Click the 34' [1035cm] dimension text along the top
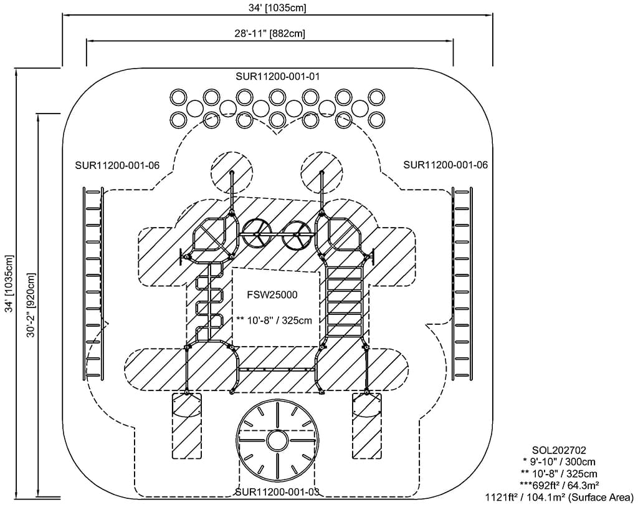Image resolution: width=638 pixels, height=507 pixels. point(277,8)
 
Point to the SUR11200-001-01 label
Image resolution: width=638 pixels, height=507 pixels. point(277,76)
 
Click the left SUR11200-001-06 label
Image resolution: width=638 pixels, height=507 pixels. point(117,165)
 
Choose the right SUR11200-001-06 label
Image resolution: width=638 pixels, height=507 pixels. point(445,165)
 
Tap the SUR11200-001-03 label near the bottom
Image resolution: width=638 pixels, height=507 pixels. point(277,492)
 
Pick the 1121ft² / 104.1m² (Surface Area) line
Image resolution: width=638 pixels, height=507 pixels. point(559,497)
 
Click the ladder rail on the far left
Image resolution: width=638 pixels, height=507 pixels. point(93,282)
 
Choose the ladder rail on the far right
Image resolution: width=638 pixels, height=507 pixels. point(463,282)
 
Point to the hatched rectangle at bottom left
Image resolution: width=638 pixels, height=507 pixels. point(186,426)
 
